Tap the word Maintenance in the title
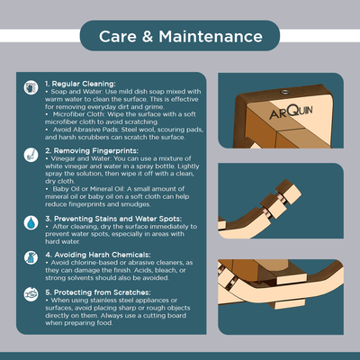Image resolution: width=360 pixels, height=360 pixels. click(211, 37)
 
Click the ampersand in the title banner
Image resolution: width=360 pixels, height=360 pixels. click(148, 37)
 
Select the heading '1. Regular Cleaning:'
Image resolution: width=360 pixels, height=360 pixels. click(80, 84)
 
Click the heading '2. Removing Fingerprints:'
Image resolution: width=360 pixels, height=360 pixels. click(92, 150)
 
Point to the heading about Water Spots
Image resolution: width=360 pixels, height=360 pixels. click(113, 219)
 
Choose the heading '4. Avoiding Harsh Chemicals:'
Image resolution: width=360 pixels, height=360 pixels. click(98, 255)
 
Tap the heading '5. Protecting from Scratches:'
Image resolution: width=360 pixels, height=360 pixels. click(98, 292)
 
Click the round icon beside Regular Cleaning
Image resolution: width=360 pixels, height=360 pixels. click(31, 87)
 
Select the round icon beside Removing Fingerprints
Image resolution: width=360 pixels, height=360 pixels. click(31, 155)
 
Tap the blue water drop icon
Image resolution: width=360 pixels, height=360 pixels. click(31, 223)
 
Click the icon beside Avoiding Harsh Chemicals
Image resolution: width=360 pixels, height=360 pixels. click(31, 257)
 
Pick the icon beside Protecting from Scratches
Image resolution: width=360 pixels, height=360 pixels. click(31, 294)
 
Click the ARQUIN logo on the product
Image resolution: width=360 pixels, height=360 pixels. click(291, 112)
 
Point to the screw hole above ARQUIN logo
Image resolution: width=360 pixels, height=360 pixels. click(283, 92)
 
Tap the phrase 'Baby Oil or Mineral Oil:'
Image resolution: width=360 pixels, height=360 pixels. click(89, 189)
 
